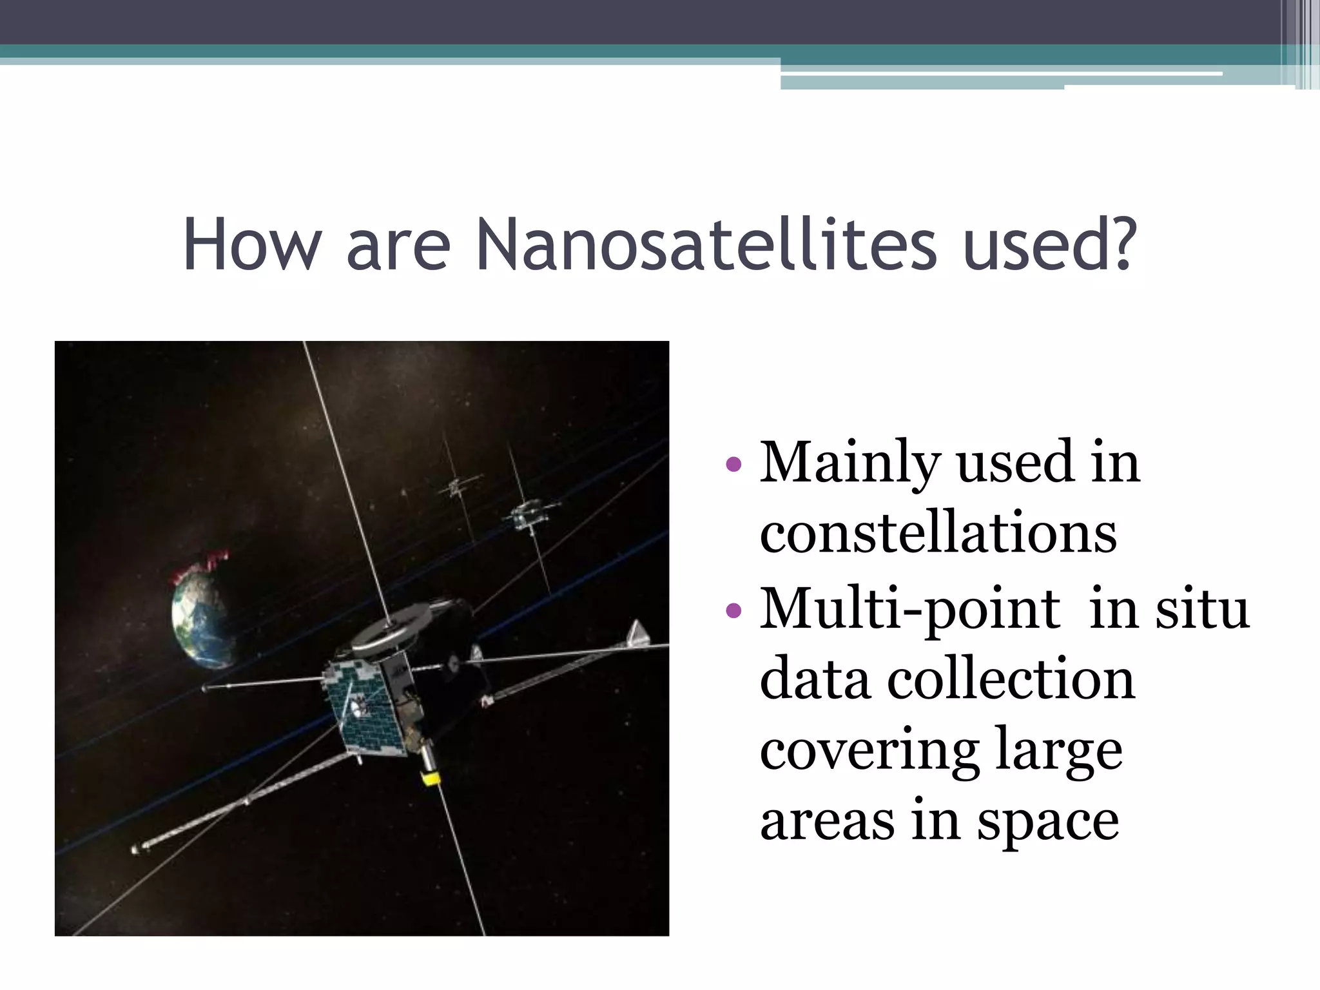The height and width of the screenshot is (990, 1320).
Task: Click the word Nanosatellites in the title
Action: pos(706,246)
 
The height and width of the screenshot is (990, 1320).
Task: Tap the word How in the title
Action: pos(252,246)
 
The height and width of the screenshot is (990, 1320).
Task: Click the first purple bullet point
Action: pos(733,463)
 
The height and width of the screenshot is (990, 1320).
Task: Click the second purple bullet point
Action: pos(733,610)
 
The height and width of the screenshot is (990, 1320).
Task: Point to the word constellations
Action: pos(938,534)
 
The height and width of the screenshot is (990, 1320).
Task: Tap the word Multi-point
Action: pos(909,611)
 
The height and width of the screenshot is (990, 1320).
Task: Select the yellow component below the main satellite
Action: pos(431,778)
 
